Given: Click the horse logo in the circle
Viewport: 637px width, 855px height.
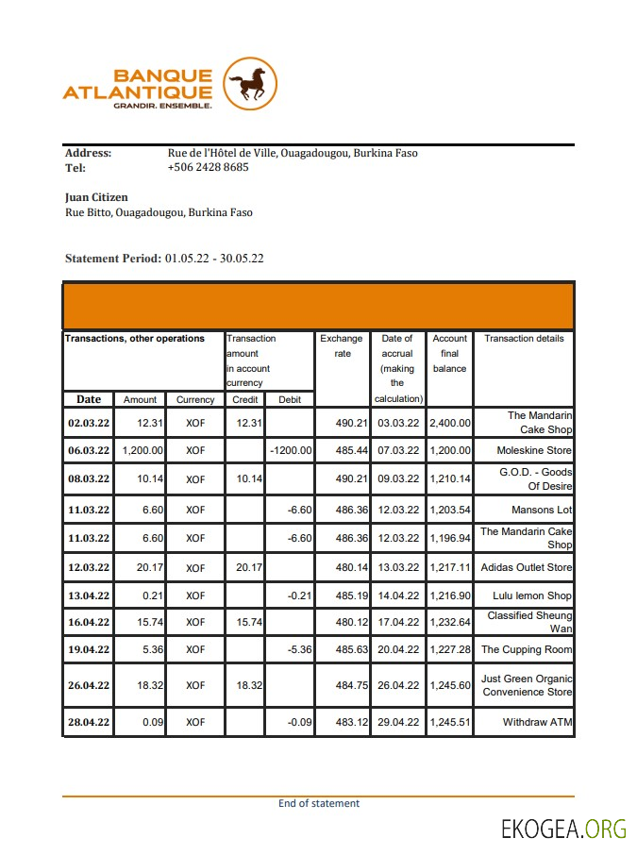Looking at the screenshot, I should tap(250, 85).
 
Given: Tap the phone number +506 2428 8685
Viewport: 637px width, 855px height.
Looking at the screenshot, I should tap(208, 167).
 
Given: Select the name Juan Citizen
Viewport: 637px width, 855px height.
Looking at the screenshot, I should tap(96, 197).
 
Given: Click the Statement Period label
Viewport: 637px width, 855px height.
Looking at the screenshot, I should tap(113, 258).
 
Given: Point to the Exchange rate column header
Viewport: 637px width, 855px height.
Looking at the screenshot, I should tap(342, 345).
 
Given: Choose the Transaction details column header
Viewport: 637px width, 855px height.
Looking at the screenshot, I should tap(524, 339).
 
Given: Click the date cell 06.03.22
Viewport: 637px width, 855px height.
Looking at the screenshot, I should tap(89, 451).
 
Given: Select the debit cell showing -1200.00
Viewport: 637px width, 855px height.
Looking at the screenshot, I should tap(290, 451).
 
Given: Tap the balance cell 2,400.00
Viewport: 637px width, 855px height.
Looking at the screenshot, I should tap(449, 424).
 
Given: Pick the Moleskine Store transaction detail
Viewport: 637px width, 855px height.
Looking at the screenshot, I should tap(534, 451).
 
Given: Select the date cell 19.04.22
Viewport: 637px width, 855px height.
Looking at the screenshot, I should tap(89, 650).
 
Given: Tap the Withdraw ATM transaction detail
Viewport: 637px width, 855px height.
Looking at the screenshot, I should tap(537, 723).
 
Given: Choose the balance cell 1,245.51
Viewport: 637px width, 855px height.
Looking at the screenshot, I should tap(449, 723).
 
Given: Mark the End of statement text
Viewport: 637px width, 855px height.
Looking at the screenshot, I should tap(319, 804).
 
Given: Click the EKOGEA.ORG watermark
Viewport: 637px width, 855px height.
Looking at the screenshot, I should tap(563, 830).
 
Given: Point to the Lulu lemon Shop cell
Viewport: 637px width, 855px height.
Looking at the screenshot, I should tap(532, 596).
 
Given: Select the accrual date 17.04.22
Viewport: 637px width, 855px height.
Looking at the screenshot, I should tap(397, 622).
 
